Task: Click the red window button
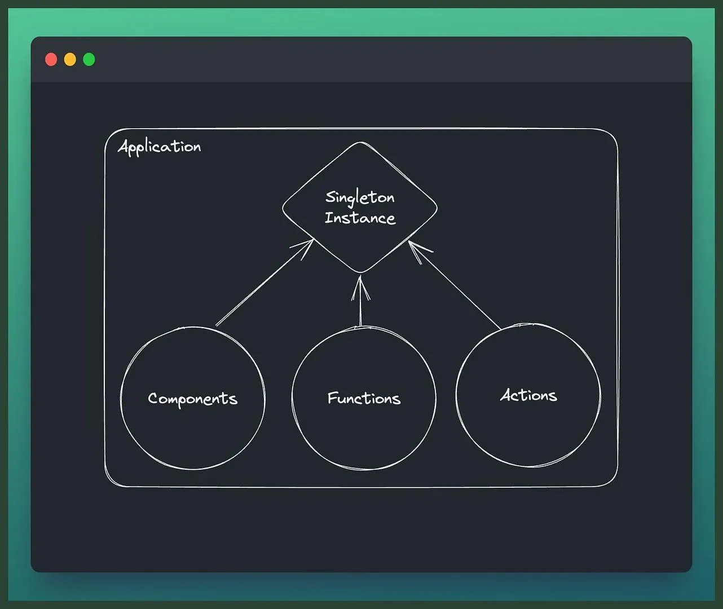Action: click(51, 59)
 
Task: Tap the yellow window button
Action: click(70, 59)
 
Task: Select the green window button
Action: click(89, 59)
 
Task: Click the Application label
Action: click(159, 147)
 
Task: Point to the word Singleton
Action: click(360, 198)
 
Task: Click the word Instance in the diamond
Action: click(360, 218)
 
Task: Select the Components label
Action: click(193, 399)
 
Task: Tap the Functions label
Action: click(364, 398)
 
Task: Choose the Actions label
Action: click(529, 395)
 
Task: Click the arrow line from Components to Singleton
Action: click(264, 283)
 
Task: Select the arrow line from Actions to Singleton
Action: click(455, 285)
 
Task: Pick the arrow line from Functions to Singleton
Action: click(360, 301)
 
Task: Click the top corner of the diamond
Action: click(360, 142)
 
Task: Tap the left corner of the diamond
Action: click(283, 209)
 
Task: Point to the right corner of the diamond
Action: click(437, 208)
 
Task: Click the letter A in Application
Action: click(124, 146)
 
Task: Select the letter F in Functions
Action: click(332, 398)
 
